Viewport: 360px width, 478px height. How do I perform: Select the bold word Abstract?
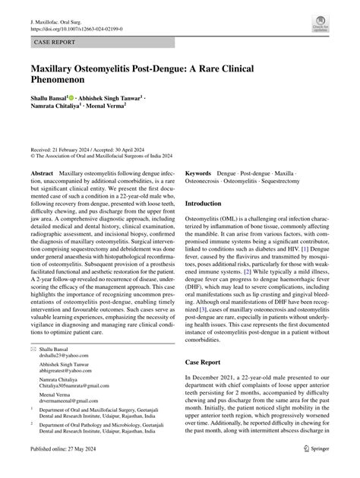42,173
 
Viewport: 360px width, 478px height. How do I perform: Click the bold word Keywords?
198,173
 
